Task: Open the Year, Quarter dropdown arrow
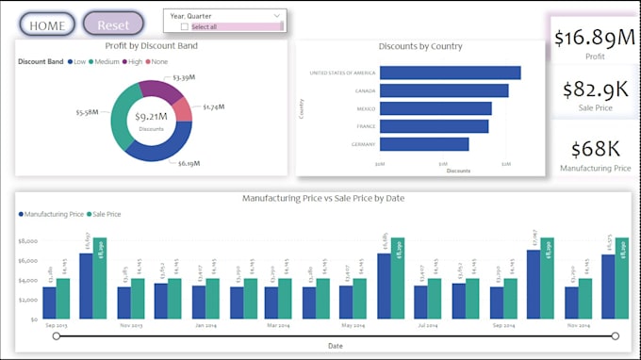pos(276,16)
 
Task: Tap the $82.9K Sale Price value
pos(594,90)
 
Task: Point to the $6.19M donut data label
pos(189,163)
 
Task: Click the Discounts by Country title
pos(419,46)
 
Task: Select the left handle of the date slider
pos(57,335)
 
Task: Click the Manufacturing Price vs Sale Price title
pos(322,199)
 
